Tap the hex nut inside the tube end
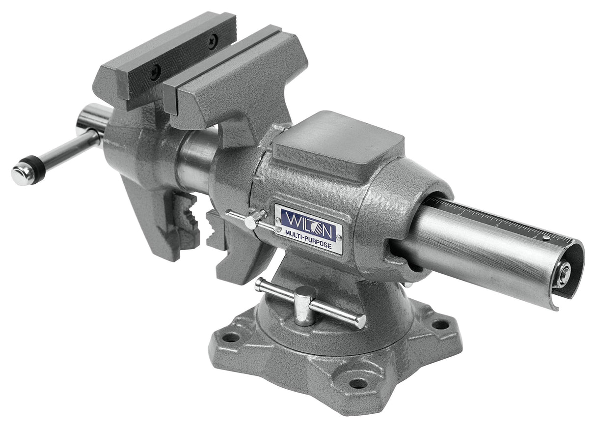(563, 273)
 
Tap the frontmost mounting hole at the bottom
(358, 383)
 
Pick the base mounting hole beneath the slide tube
(440, 324)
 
